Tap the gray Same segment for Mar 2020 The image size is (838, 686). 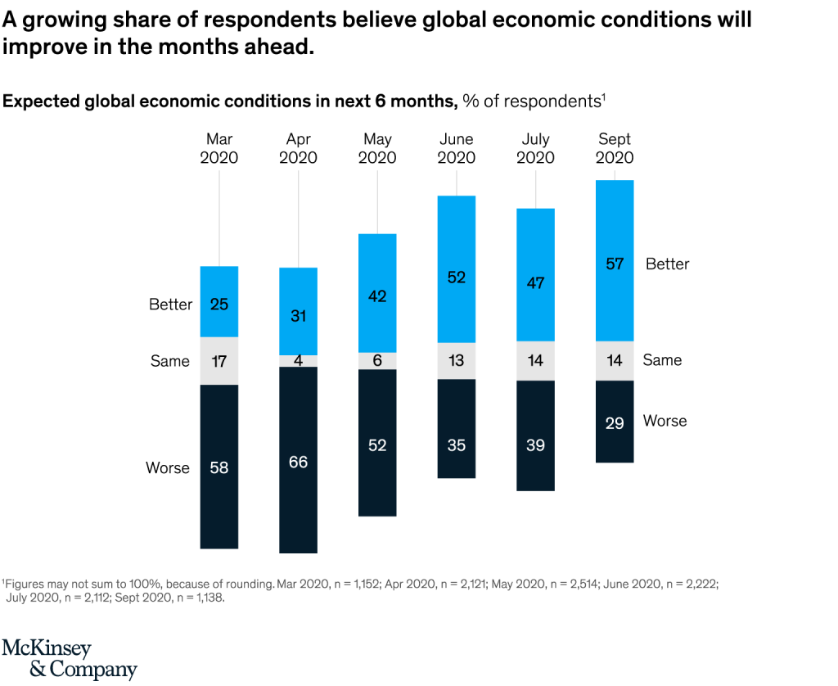(219, 361)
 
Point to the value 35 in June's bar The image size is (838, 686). (457, 445)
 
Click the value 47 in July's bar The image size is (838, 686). (535, 283)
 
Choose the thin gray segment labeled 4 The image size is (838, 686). (298, 361)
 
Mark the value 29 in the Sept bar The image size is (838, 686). (615, 423)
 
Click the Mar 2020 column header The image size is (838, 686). (219, 148)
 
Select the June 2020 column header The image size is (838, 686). (457, 148)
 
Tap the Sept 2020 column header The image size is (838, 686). (615, 148)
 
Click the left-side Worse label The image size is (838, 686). (168, 468)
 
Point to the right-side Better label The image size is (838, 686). (667, 264)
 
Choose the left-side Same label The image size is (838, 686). (170, 361)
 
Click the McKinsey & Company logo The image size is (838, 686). (70, 660)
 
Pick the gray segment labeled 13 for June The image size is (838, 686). (457, 361)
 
